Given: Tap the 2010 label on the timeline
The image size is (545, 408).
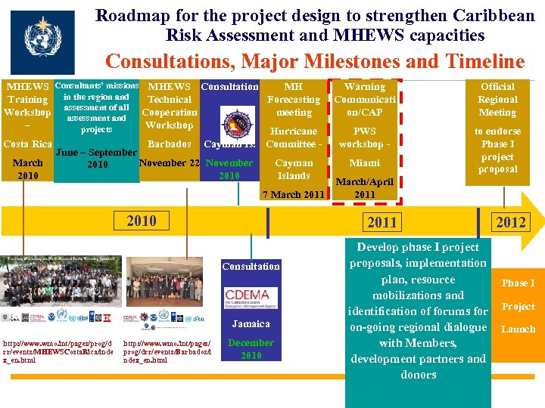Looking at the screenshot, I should (142, 221).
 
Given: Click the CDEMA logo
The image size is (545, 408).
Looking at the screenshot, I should (251, 295).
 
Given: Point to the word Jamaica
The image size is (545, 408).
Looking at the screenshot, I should (251, 323).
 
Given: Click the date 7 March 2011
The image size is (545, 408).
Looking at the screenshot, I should (293, 195).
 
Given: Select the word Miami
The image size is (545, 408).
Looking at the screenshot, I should (364, 162).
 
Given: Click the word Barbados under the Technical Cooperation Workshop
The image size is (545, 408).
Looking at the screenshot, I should (169, 144).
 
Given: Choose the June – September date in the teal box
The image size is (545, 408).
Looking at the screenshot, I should (96, 153).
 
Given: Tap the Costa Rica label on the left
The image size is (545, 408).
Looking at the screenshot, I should (27, 144).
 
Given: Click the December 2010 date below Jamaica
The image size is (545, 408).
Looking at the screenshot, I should (251, 349).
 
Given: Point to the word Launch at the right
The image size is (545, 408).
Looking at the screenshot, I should (518, 329).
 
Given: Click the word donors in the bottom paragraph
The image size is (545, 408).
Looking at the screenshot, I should (418, 374).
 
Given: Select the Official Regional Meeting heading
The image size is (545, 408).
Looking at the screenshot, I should (497, 99).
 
